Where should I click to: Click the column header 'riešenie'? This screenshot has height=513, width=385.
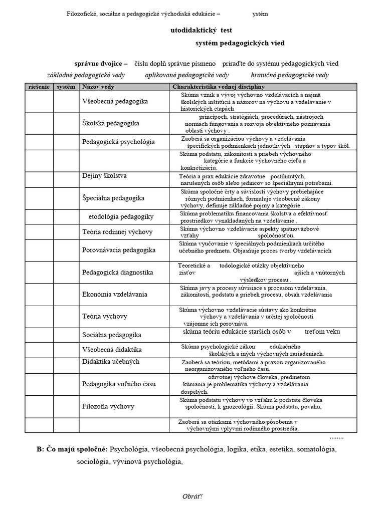pos(39,87)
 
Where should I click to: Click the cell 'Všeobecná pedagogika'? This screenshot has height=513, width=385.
pos(115,101)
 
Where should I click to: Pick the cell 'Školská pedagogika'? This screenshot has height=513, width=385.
pos(111,123)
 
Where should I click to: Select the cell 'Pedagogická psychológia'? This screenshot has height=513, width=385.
pos(118,142)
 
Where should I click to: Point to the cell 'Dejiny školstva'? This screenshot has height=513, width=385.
pos(104,176)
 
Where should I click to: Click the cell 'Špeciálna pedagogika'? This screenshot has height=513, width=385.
pos(113,198)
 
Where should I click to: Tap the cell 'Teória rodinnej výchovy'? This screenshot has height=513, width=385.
pos(117,232)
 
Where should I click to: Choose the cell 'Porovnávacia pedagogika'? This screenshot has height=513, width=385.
pos(118,249)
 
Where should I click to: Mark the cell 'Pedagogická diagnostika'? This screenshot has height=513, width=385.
pos(117,273)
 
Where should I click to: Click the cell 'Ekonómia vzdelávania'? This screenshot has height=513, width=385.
pos(114,295)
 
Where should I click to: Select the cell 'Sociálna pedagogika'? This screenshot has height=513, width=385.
pos(111,335)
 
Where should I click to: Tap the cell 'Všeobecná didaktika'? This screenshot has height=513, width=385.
pos(112,349)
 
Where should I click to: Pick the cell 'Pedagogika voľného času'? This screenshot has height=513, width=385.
pos(119,384)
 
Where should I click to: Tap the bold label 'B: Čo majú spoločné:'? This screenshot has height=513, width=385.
pos(72,449)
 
